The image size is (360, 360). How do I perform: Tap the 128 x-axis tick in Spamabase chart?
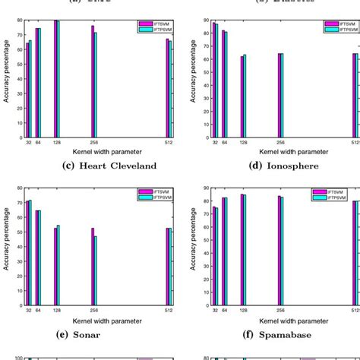[243, 311]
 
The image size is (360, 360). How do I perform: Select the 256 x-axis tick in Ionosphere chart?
[280, 142]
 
